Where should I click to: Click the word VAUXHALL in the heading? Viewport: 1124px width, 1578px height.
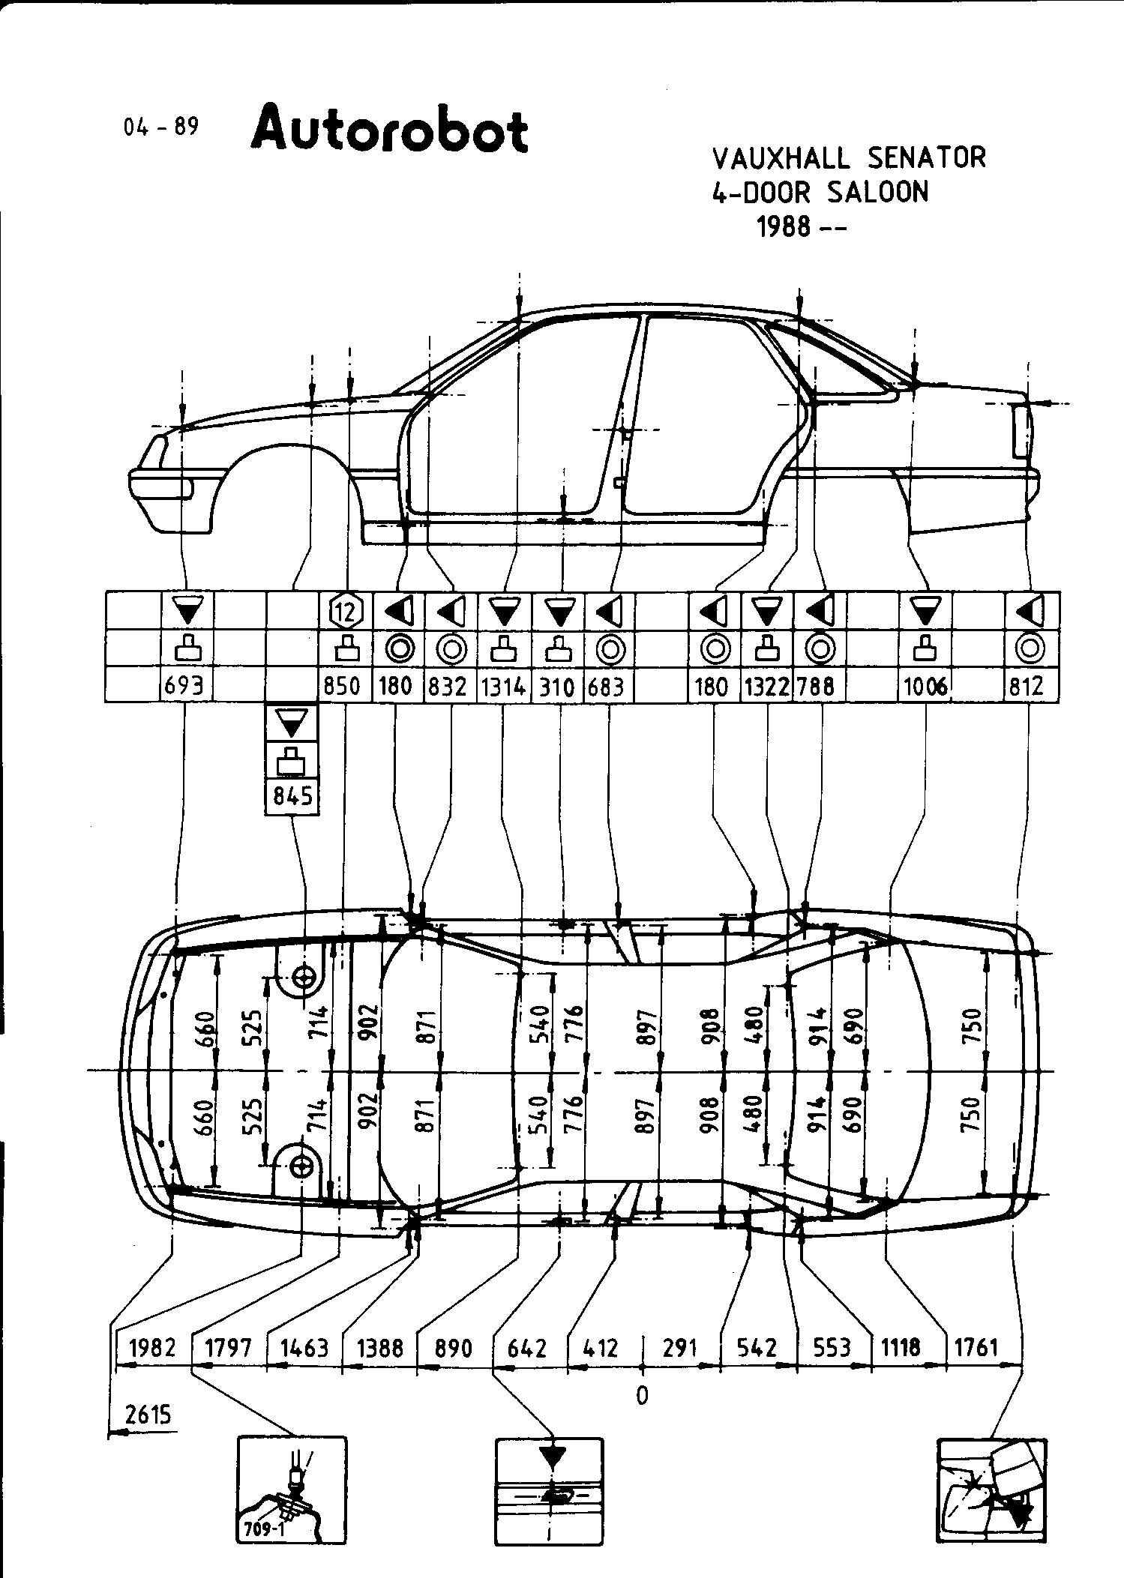click(781, 159)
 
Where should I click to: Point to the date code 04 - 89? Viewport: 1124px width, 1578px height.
click(161, 127)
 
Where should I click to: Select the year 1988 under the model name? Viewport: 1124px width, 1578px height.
click(784, 226)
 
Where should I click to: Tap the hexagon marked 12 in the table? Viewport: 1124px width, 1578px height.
click(346, 612)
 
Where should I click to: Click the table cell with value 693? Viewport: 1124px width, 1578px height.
click(186, 685)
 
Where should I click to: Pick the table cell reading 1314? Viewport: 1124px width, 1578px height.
click(504, 685)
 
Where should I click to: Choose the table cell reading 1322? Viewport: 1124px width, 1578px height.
click(766, 685)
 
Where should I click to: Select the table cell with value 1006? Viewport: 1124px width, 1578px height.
click(925, 685)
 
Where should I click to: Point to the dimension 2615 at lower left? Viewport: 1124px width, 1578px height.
click(148, 1415)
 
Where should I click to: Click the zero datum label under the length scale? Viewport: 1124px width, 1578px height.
click(641, 1395)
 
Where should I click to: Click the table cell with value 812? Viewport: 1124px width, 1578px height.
click(1027, 685)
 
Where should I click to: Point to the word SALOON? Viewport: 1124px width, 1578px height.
click(877, 193)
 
